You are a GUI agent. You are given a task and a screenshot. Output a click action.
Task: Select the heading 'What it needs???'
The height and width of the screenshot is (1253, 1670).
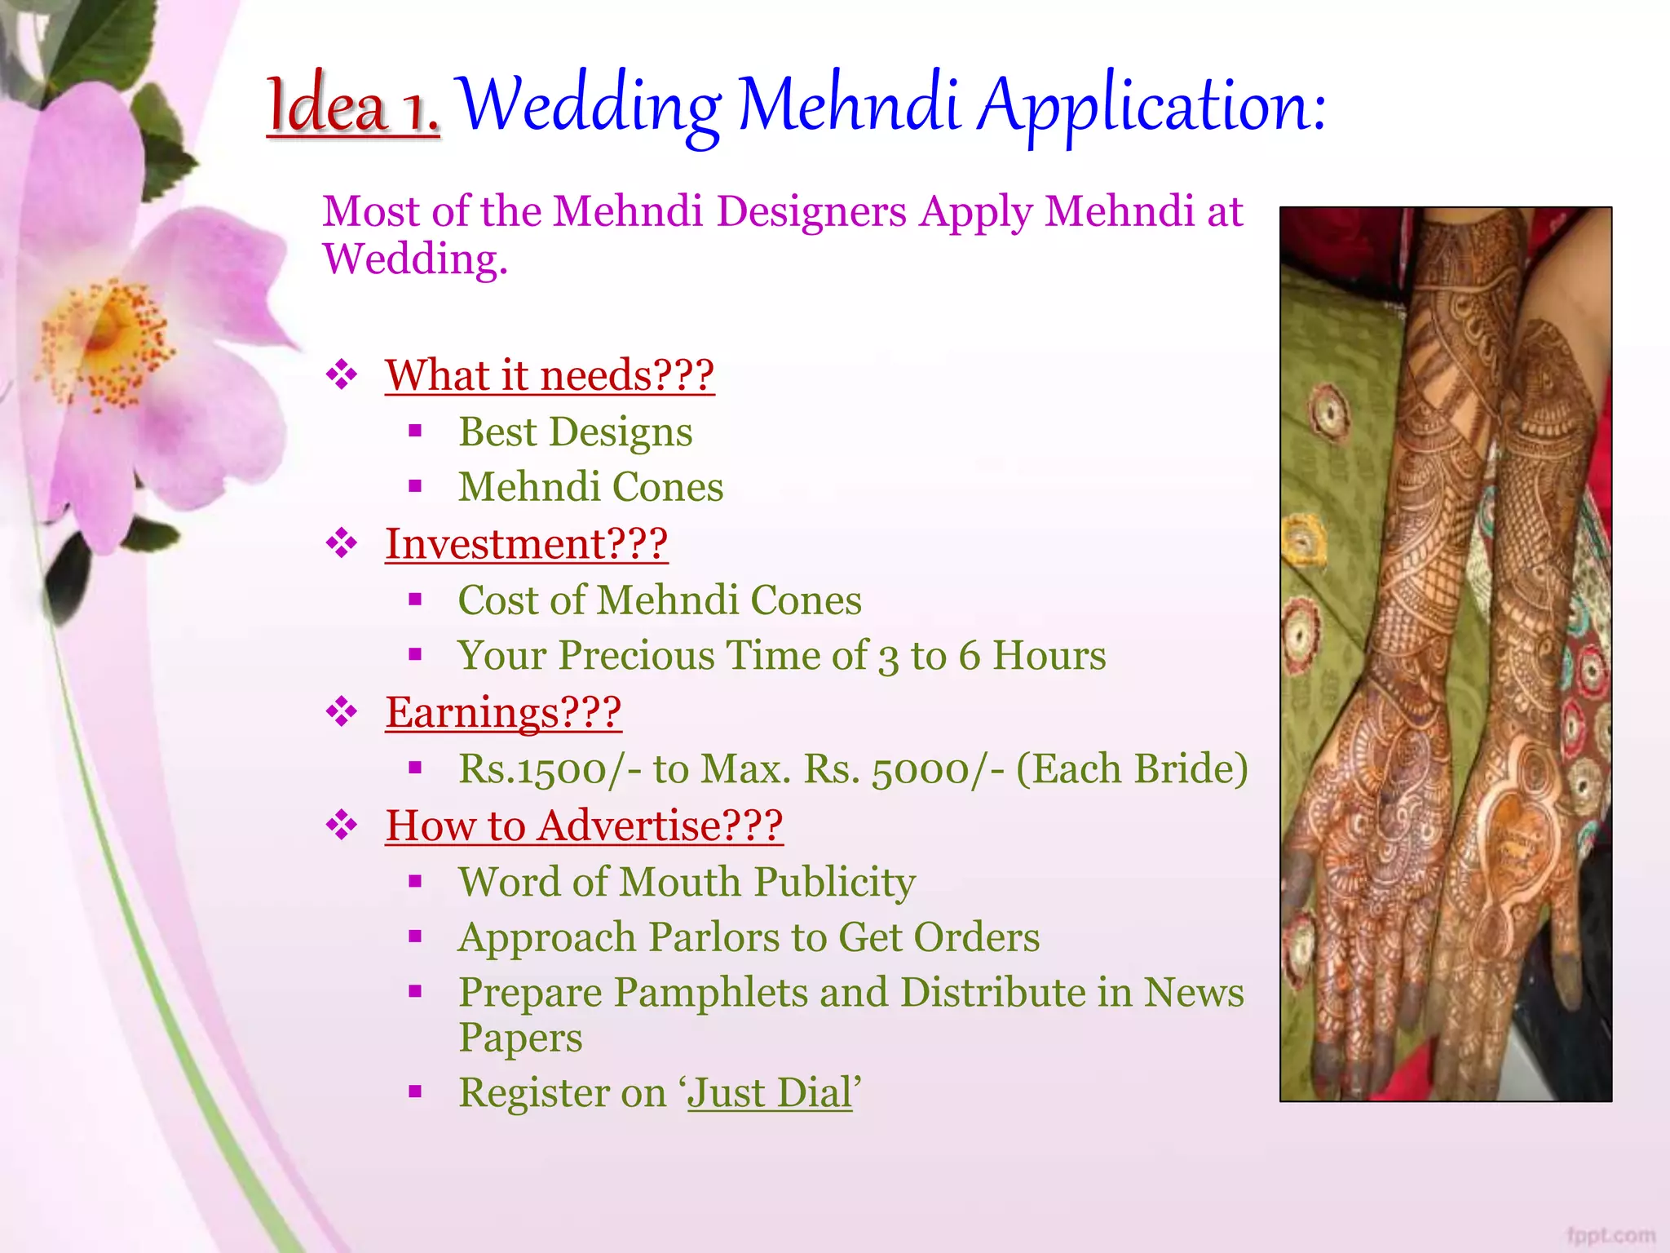click(550, 375)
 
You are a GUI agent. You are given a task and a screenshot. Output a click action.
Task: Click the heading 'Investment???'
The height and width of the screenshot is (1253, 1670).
click(526, 544)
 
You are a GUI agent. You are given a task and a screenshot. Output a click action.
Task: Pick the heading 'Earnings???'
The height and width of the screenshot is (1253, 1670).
click(503, 712)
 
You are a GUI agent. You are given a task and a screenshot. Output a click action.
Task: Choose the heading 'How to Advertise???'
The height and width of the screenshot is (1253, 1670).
click(584, 826)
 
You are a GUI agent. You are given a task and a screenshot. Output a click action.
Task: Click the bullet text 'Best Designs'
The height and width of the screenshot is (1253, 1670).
click(575, 432)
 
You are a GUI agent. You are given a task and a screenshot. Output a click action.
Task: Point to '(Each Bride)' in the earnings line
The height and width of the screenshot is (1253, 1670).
click(1132, 768)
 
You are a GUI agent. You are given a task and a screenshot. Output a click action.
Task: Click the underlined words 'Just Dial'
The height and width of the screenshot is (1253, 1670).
click(770, 1093)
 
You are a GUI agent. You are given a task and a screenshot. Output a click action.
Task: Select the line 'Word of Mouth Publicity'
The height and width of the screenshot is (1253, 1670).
click(687, 882)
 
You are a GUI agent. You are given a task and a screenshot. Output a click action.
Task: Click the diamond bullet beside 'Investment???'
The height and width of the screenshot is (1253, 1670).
click(342, 543)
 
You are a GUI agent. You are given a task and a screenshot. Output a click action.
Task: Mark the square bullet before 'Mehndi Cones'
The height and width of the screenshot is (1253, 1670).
click(415, 487)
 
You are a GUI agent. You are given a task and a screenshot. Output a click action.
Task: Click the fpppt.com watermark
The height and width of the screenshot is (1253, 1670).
click(1610, 1235)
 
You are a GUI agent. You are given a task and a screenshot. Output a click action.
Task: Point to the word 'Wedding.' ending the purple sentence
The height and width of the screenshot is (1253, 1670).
click(415, 259)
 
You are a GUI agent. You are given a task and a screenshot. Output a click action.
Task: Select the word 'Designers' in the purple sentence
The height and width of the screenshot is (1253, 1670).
click(811, 211)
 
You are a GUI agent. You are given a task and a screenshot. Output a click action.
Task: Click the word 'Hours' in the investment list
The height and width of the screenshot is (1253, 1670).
click(1049, 656)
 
